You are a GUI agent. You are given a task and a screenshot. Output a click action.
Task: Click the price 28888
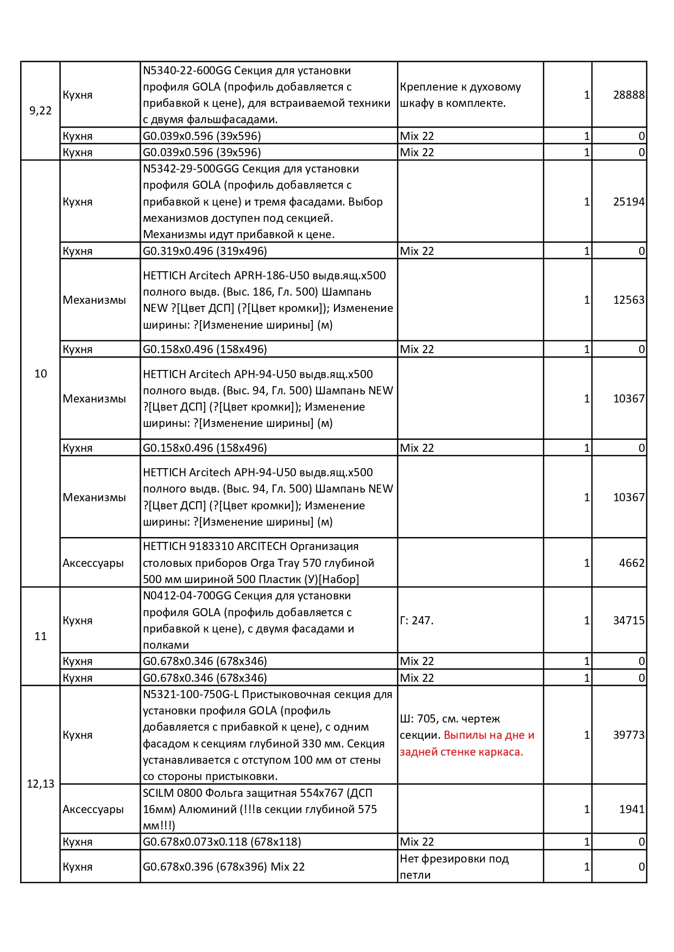(x=628, y=95)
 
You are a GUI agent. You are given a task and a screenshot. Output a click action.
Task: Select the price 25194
(x=628, y=202)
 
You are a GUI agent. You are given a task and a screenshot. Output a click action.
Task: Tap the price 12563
(x=628, y=300)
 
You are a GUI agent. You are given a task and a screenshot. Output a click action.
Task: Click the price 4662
(x=632, y=563)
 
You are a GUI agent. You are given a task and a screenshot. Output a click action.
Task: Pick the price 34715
(x=628, y=621)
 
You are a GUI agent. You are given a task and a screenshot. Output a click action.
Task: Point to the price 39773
(x=628, y=735)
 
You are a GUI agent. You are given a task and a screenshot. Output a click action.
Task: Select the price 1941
(x=632, y=809)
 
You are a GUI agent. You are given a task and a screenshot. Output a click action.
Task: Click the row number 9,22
(x=41, y=111)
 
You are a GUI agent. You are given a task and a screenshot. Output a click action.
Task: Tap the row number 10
(x=41, y=374)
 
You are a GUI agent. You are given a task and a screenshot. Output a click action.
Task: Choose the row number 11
(x=41, y=636)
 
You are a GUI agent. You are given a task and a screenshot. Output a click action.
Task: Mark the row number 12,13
(x=41, y=784)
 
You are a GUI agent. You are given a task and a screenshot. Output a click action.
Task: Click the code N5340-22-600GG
(x=187, y=71)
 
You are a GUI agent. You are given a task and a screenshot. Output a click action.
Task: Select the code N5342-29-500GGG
(x=191, y=169)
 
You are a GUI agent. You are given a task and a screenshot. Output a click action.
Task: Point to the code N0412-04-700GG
(x=187, y=596)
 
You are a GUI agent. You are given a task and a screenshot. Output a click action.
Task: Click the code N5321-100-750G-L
(x=191, y=694)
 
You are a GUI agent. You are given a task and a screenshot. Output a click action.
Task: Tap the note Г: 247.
(x=417, y=621)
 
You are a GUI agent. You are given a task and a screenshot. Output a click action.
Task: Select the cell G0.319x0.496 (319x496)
(x=205, y=251)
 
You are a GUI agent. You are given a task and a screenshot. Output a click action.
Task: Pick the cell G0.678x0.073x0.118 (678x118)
(x=222, y=842)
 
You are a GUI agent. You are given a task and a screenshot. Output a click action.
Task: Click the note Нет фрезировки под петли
(x=454, y=867)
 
